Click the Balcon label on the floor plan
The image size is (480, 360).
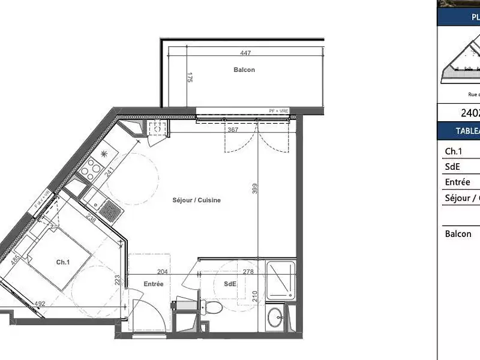click(244, 70)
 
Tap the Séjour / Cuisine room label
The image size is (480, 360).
click(196, 200)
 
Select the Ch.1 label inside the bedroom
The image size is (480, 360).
click(62, 262)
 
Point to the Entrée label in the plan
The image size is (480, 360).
click(154, 284)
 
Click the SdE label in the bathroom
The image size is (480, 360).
click(230, 284)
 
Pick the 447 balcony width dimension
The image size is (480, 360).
click(245, 52)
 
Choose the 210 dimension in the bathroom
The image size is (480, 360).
click(254, 295)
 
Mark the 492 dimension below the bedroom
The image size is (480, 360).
click(40, 304)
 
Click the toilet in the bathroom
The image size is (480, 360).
click(212, 307)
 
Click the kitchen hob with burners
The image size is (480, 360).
click(91, 168)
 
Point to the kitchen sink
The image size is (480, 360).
click(110, 209)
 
